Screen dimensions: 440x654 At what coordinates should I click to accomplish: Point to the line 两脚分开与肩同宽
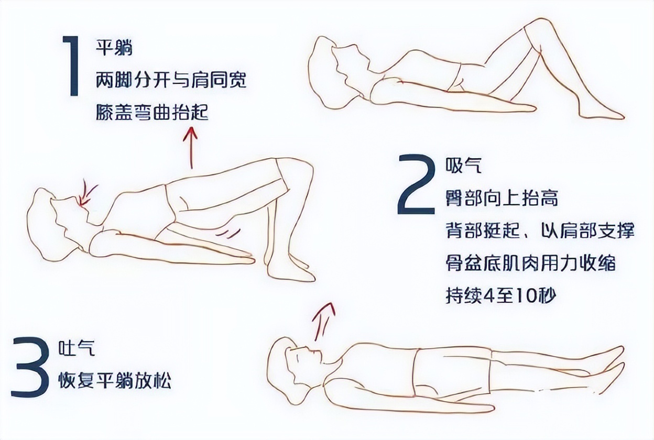(x=171, y=81)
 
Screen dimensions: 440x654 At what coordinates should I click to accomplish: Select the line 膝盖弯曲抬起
(x=152, y=113)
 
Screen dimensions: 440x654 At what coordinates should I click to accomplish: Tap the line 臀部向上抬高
(x=502, y=198)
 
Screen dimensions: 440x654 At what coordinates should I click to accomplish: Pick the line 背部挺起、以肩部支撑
(x=540, y=230)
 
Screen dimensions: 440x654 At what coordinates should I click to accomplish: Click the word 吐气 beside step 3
(x=77, y=348)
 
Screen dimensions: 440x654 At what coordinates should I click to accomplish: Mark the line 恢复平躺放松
(x=114, y=380)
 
